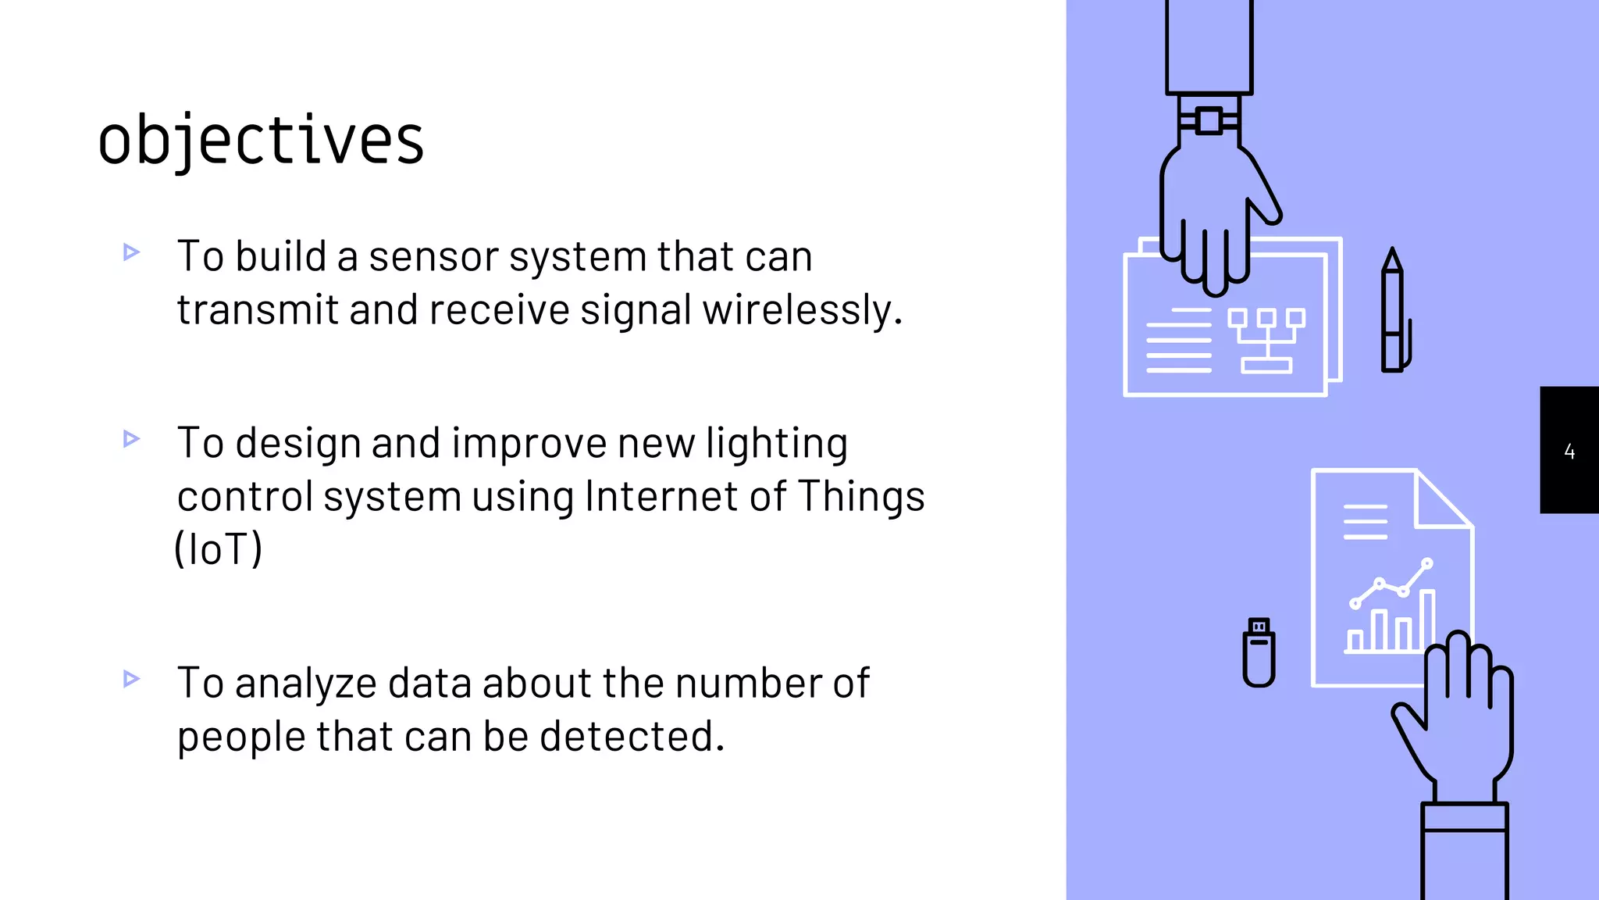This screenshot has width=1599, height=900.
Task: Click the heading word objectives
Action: [x=261, y=141]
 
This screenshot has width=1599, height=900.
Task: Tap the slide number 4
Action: [x=1569, y=451]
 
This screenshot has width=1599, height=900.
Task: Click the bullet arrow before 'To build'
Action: [x=131, y=252]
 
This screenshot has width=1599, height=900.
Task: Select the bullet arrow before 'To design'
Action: [x=131, y=439]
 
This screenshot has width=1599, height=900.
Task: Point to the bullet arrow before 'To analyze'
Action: [x=131, y=679]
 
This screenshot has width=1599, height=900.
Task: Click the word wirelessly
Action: [x=802, y=310]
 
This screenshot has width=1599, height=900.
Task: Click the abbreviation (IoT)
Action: [x=218, y=549]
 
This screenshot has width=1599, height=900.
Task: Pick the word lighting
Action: [x=777, y=444]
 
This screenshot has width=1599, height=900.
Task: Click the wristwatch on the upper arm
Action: [x=1209, y=121]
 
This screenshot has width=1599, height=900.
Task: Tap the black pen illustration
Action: [x=1393, y=312]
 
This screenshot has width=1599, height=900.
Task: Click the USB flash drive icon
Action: [x=1259, y=652]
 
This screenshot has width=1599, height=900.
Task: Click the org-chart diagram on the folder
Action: [x=1266, y=340]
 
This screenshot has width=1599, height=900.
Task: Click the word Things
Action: [x=860, y=497]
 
